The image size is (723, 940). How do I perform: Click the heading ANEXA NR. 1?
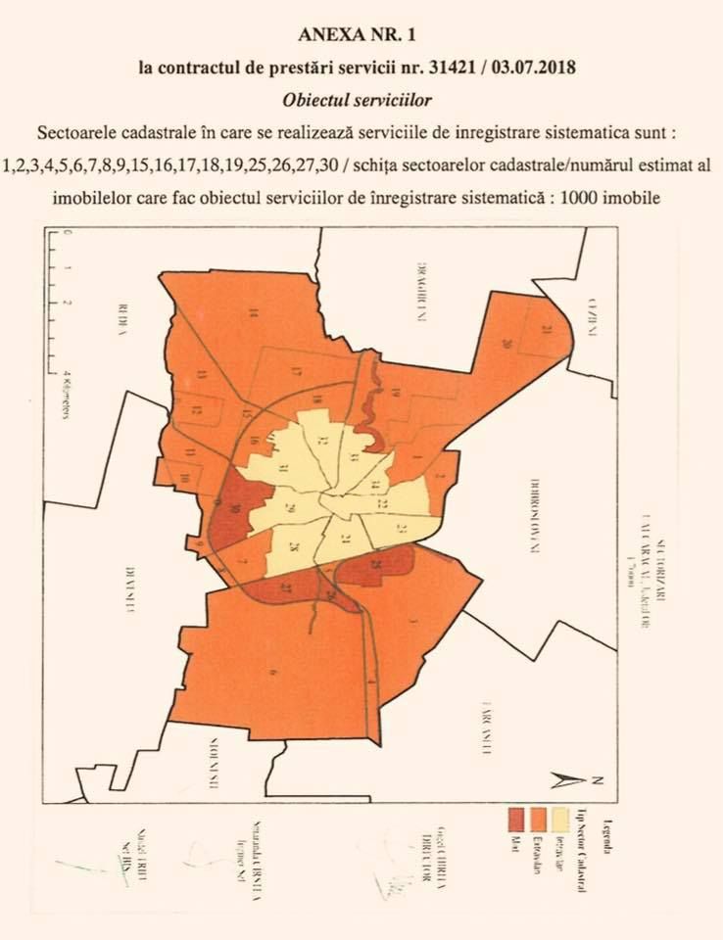361,36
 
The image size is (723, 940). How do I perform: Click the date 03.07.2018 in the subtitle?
524,70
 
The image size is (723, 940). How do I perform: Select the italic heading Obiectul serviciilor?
361,101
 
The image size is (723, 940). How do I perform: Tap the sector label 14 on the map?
253,313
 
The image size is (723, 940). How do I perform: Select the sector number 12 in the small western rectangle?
197,410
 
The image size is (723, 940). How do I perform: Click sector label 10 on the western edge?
184,478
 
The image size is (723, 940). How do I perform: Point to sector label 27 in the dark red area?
287,589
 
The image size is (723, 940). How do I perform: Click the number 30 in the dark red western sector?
235,507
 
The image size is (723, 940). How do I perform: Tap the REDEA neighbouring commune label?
123,318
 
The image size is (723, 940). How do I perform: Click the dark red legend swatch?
513,819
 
